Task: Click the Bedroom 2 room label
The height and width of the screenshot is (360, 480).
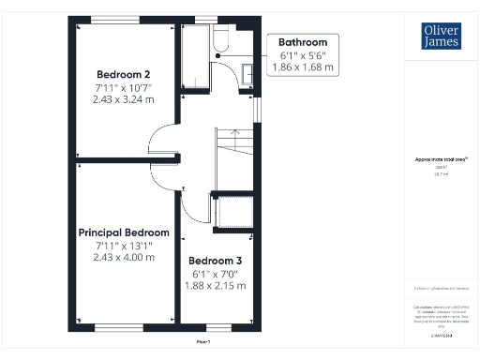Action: [124, 73]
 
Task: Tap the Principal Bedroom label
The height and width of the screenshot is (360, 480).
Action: [124, 232]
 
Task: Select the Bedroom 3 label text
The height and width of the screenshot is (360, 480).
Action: [216, 261]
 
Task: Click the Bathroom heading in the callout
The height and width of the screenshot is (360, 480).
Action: [303, 42]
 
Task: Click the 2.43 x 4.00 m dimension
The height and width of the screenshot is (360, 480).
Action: [124, 257]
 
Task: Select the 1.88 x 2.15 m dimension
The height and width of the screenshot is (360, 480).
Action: [216, 286]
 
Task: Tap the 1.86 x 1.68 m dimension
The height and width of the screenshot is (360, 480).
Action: [303, 67]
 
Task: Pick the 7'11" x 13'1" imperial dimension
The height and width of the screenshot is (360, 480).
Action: [124, 245]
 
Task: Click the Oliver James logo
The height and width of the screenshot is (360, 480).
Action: [441, 36]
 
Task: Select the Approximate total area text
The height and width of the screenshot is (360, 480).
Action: [441, 159]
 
